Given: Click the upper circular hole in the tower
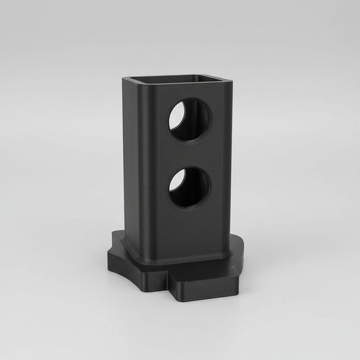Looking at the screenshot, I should point(189,119).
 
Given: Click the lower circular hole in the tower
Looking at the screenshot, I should point(189,187).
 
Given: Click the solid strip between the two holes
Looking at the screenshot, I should point(189,153).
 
